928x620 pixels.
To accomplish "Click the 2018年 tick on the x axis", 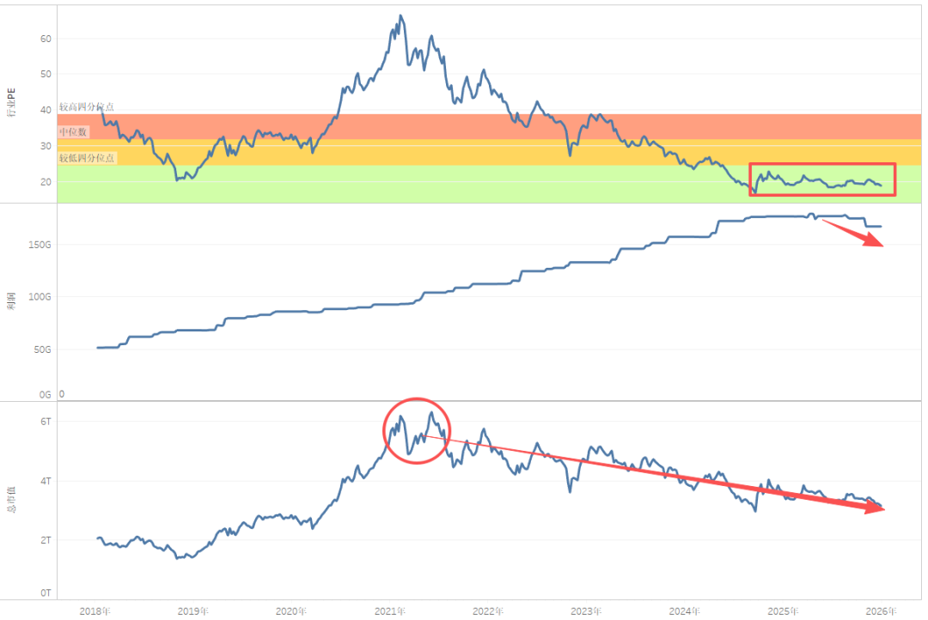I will [95, 611].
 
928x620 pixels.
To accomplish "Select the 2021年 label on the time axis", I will [390, 611].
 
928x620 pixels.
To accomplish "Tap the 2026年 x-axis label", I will [882, 611].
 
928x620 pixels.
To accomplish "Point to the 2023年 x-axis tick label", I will [587, 611].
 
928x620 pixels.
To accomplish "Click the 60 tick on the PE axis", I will [46, 39].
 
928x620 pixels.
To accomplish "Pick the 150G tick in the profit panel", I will [40, 245].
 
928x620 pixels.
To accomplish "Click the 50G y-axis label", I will [43, 350].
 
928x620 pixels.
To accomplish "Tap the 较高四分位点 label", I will [87, 107].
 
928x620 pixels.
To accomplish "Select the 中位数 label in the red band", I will [73, 132].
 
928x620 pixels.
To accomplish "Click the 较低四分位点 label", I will [87, 158].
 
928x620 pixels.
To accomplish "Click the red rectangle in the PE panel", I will [822, 179].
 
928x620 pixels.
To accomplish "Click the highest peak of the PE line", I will [401, 15].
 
